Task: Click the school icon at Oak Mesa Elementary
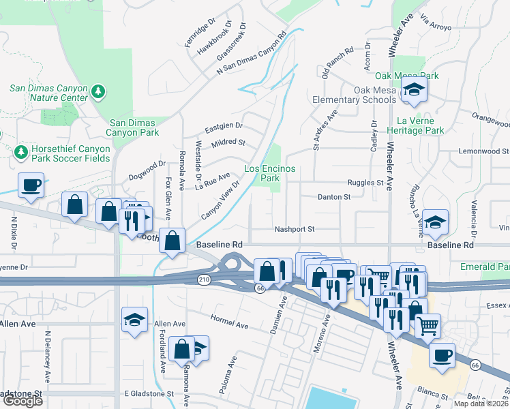412,91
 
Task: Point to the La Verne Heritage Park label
415,125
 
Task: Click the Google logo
22,401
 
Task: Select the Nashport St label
293,230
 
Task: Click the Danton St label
333,197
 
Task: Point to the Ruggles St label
365,183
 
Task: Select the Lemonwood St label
483,151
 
